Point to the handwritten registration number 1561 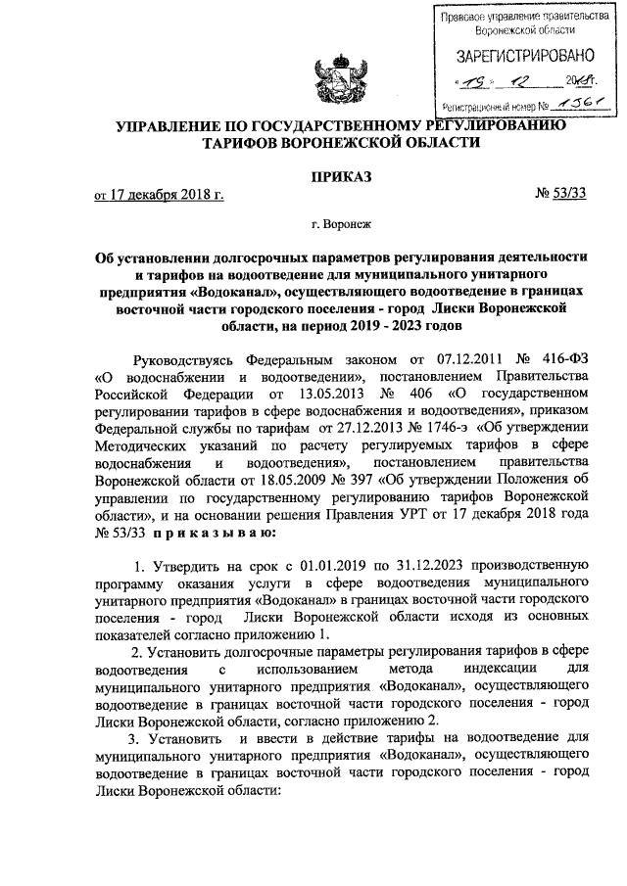(579, 105)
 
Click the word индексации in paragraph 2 (477, 670)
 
